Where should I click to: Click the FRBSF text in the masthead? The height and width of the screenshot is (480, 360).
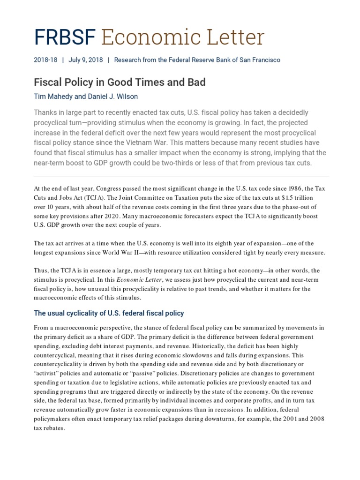click(x=65, y=37)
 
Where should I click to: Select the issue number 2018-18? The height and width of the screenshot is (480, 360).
click(x=45, y=60)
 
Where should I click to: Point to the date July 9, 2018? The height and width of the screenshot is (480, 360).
click(x=85, y=60)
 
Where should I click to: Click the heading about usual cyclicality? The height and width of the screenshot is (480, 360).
click(x=109, y=313)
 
